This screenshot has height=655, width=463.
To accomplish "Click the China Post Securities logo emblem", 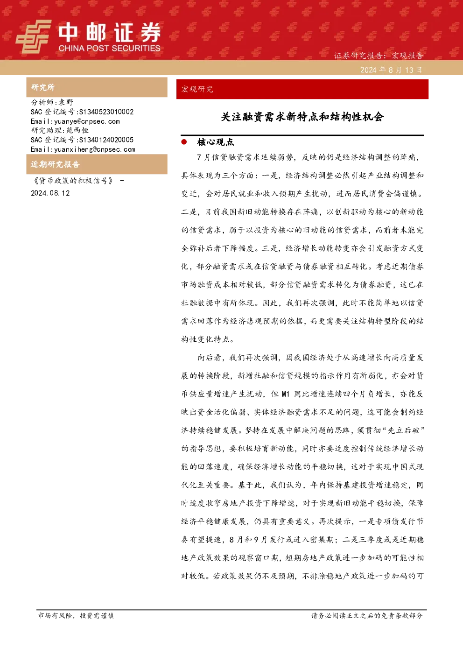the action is pyautogui.click(x=33, y=36).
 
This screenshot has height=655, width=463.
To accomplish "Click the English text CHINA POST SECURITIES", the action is pyautogui.click(x=109, y=48).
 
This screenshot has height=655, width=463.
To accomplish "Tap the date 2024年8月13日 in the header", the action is pyautogui.click(x=391, y=70).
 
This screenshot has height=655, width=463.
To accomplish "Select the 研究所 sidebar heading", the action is pyautogui.click(x=42, y=87).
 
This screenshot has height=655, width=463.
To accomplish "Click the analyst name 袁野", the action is pyautogui.click(x=66, y=102).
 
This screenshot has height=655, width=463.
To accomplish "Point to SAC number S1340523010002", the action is pyautogui.click(x=106, y=112).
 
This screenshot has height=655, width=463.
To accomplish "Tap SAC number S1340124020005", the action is pyautogui.click(x=106, y=140).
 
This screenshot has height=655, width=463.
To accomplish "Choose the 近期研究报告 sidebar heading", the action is pyautogui.click(x=55, y=164).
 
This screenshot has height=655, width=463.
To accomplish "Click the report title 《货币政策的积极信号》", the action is pyautogui.click(x=73, y=181).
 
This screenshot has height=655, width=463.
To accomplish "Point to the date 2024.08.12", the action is pyautogui.click(x=50, y=193).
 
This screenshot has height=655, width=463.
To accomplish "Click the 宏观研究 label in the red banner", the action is pyautogui.click(x=197, y=89).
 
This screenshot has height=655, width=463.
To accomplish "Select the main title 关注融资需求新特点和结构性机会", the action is pyautogui.click(x=302, y=117).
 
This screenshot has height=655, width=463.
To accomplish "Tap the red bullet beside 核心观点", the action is pyautogui.click(x=184, y=142).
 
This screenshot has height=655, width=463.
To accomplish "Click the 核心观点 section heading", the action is pyautogui.click(x=216, y=142).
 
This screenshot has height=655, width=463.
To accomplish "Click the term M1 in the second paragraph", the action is pyautogui.click(x=285, y=394).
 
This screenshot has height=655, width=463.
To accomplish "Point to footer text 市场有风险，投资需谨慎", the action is pyautogui.click(x=76, y=616).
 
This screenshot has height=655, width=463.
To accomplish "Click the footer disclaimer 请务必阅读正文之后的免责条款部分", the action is pyautogui.click(x=367, y=616).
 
